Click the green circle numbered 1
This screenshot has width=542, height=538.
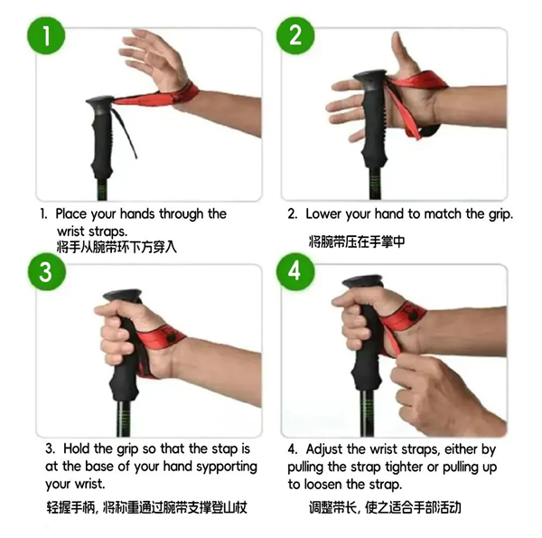click(x=46, y=35)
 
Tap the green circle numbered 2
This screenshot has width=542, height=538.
click(x=295, y=35)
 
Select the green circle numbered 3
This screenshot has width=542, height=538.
click(x=47, y=272)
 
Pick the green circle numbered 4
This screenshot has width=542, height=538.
click(x=295, y=272)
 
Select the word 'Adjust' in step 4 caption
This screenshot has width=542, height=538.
click(x=324, y=449)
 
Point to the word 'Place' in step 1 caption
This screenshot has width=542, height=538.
click(x=71, y=213)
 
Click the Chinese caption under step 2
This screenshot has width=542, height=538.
click(x=357, y=241)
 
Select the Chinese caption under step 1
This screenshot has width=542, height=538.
click(x=117, y=247)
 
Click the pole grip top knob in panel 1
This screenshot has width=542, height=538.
click(x=100, y=102)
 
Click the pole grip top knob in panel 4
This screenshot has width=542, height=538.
click(x=362, y=281)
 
